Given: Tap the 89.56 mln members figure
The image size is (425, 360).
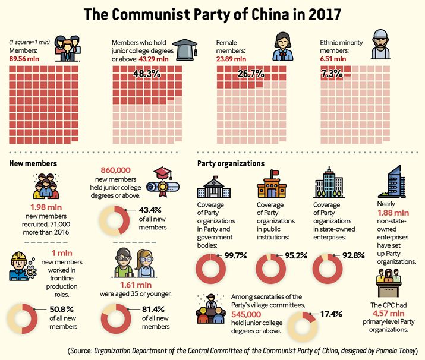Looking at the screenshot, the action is [x=24, y=59].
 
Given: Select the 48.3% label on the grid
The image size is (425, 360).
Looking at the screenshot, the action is [x=147, y=74].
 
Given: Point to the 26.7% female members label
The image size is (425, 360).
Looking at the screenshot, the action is [x=251, y=74].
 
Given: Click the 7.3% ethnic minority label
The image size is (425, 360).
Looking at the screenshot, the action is [x=332, y=74].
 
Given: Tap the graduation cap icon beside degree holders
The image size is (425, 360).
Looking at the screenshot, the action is [x=185, y=49].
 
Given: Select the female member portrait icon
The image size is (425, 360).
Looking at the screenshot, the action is [x=282, y=46].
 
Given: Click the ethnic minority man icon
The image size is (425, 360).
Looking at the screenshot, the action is [x=380, y=44].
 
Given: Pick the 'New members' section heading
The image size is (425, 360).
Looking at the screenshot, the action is [x=33, y=163].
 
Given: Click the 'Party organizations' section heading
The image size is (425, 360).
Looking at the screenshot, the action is [x=231, y=163].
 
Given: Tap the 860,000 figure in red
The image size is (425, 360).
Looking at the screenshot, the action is [x=116, y=170].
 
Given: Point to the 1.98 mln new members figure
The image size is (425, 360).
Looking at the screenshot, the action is [x=46, y=207].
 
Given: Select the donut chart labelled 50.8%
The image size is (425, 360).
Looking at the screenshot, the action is [x=22, y=318].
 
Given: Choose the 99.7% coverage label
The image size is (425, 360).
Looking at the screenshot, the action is [x=235, y=255].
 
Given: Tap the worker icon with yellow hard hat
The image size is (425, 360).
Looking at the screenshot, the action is [x=23, y=266].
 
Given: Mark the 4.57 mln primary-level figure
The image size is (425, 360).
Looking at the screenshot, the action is [x=388, y=314].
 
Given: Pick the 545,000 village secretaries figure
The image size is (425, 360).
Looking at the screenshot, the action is [x=246, y=314].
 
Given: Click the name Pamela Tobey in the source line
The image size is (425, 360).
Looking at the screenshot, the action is [x=396, y=350].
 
